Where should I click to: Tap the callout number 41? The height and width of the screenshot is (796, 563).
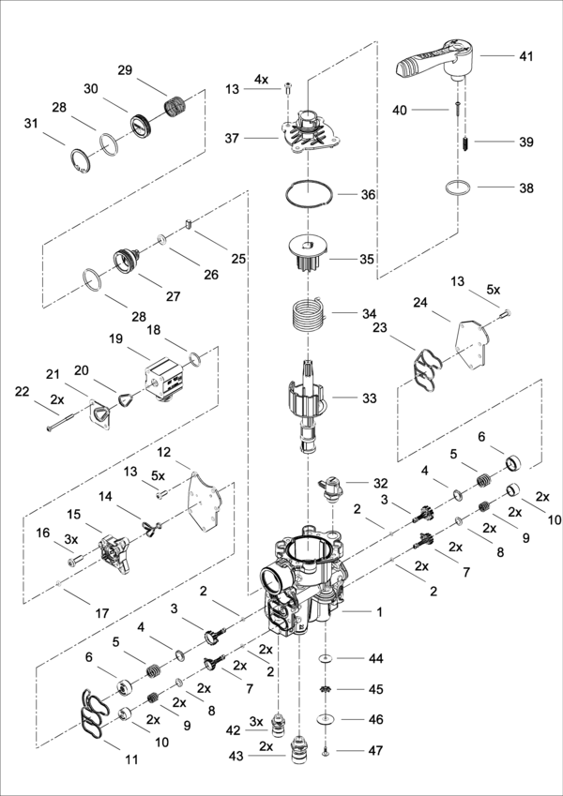pos(525,56)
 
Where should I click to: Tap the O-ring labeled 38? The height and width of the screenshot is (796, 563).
pos(457,188)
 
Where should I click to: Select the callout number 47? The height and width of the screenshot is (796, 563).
pos(375,751)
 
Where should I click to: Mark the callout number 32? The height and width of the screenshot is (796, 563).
pos(380,483)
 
